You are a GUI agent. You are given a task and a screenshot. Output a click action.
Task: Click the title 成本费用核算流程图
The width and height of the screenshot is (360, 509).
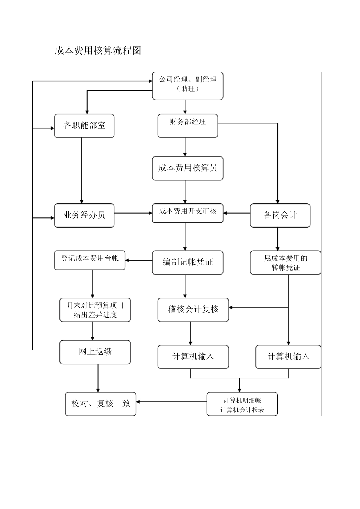(x=98, y=50)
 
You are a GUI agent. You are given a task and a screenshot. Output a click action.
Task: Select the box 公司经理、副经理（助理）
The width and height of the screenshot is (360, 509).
(x=188, y=86)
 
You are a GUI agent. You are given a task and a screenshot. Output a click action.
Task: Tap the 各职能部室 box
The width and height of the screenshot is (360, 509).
(x=84, y=126)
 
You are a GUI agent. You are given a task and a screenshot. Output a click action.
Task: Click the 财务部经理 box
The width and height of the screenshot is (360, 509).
(x=188, y=126)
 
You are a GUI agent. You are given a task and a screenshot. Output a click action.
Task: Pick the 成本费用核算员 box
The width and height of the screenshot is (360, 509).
(x=188, y=169)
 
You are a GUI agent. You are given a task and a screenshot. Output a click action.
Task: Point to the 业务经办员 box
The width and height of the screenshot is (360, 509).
(x=84, y=215)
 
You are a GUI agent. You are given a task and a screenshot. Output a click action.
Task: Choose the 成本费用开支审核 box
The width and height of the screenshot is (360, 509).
(x=188, y=213)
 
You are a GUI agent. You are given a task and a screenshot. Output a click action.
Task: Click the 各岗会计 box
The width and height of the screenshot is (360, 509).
(x=280, y=215)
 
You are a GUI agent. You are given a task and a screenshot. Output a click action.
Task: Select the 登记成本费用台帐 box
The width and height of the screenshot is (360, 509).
(x=89, y=260)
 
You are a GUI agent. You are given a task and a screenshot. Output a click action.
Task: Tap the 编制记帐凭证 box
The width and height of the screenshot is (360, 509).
(x=188, y=262)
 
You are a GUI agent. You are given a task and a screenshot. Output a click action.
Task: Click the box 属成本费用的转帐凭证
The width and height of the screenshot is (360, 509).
(x=286, y=262)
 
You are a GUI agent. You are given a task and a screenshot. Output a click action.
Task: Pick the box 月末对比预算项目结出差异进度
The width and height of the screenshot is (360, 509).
(x=95, y=310)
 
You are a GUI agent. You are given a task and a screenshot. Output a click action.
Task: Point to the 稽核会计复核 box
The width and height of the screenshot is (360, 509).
(x=193, y=310)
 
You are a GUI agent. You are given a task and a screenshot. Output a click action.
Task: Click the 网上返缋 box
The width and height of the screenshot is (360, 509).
(x=95, y=352)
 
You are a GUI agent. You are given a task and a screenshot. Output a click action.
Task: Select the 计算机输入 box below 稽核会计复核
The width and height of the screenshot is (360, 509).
(x=193, y=357)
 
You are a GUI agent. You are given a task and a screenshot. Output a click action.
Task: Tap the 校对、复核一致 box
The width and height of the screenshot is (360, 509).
(x=100, y=404)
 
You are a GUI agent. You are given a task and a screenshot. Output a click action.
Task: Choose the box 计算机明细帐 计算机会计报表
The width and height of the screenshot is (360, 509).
(x=242, y=404)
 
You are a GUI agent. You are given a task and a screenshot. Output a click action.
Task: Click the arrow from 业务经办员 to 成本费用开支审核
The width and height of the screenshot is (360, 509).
(x=133, y=213)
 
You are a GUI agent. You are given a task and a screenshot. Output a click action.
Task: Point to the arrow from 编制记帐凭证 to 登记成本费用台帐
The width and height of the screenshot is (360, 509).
(x=139, y=260)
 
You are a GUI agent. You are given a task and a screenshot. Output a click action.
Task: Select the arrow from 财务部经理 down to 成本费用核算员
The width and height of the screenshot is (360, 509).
(x=185, y=147)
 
